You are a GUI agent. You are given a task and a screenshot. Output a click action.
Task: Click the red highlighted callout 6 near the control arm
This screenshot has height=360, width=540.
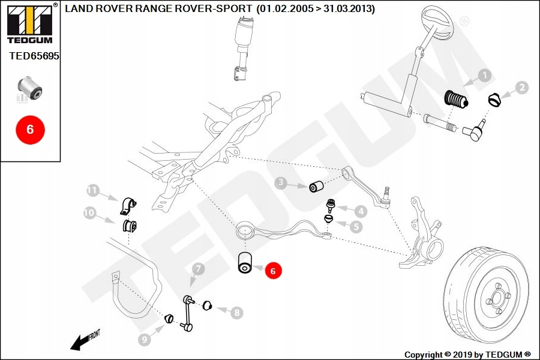272,271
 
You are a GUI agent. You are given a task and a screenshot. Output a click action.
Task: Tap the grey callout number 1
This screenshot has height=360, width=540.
484,76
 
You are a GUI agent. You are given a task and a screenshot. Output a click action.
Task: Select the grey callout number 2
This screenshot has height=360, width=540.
522,88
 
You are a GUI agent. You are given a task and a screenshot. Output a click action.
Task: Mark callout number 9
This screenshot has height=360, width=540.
144,340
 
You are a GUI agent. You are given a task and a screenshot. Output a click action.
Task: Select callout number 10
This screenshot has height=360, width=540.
89,212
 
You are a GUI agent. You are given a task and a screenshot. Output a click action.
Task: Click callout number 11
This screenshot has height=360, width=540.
92,190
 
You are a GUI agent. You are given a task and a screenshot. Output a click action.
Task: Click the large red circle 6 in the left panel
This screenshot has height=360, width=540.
30,128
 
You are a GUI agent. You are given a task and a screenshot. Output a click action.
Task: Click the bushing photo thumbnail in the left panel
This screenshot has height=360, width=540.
29,88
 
